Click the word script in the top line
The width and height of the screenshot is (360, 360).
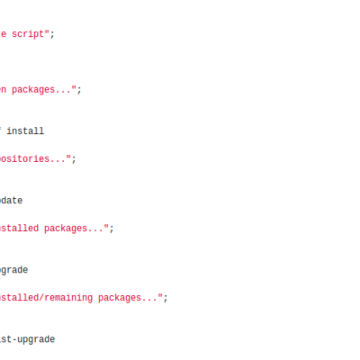point(28,34)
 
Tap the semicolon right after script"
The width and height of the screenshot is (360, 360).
point(52,35)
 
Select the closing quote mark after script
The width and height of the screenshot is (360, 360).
point(47,31)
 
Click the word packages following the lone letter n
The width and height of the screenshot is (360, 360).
point(33,90)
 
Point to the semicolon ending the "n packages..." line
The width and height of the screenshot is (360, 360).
point(79,91)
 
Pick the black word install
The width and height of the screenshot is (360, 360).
point(25,131)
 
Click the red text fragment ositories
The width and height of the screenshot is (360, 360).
point(24,158)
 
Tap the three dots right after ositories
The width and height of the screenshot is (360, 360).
point(58,161)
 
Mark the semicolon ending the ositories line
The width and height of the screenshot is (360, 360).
point(74,159)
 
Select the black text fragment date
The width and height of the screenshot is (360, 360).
point(11,201)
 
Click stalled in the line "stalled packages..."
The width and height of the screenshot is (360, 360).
point(19,229)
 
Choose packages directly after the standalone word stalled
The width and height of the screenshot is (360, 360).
point(66,229)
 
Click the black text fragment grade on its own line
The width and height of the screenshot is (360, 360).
point(13,270)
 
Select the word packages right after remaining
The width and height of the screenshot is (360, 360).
point(120,298)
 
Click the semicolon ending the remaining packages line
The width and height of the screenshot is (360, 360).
point(166,299)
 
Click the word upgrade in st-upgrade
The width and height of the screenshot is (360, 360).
point(36,340)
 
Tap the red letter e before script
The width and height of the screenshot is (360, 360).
point(3,34)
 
